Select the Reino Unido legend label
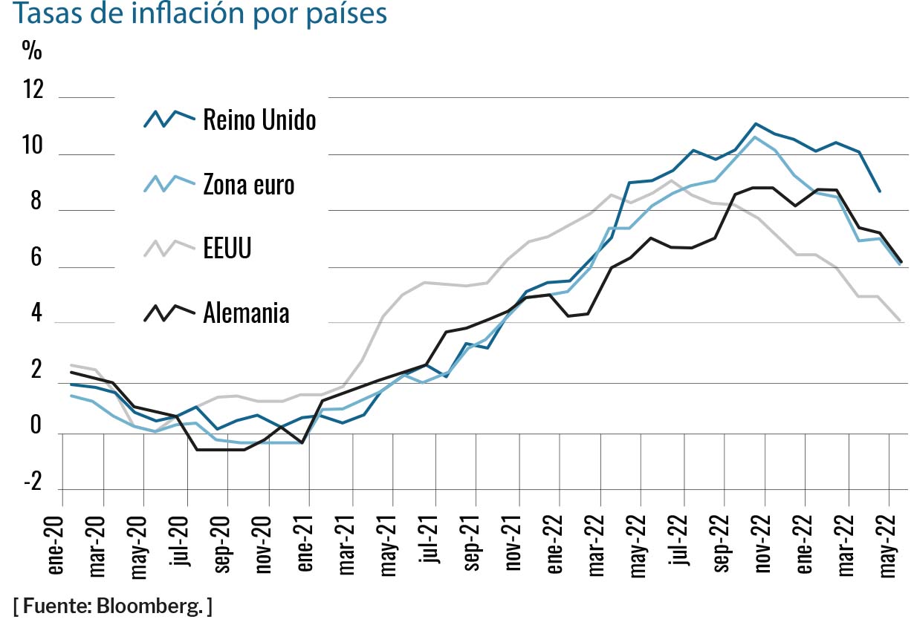click(259, 120)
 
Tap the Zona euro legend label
click(248, 184)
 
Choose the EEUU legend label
click(227, 249)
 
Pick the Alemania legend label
click(246, 313)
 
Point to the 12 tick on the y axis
click(34, 91)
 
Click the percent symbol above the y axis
click(32, 50)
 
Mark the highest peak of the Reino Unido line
click(755, 124)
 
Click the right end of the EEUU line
click(901, 321)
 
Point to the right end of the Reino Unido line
click(880, 191)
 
